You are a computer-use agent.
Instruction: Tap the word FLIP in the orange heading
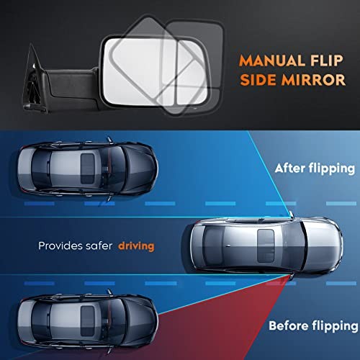click(327, 60)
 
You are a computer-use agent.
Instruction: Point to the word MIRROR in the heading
click(313, 80)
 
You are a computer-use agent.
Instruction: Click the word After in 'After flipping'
click(290, 168)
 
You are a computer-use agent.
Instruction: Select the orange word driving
click(136, 246)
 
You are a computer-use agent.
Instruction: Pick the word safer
click(102, 246)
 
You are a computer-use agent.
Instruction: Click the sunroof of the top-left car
click(87, 168)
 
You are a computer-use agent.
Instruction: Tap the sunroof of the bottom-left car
click(87, 321)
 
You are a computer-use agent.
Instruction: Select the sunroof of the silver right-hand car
click(266, 246)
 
